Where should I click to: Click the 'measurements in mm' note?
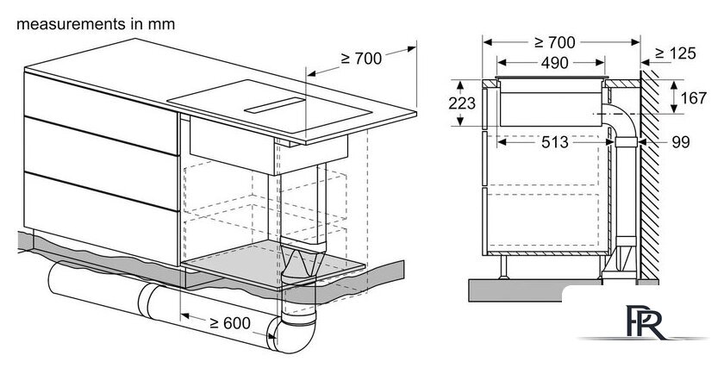pyautogui.click(x=96, y=24)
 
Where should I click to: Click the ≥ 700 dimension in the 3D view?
pyautogui.click(x=361, y=59)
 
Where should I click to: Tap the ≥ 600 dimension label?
pyautogui.click(x=229, y=323)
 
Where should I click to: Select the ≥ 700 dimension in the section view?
pyautogui.click(x=554, y=42)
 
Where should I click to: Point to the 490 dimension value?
pyautogui.click(x=554, y=63)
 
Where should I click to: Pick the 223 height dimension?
pyautogui.click(x=462, y=103)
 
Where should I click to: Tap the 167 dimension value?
pyautogui.click(x=694, y=98)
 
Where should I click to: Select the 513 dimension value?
pyautogui.click(x=554, y=142)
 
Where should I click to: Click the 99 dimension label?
pyautogui.click(x=681, y=142)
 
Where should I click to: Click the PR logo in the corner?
pyautogui.click(x=647, y=322)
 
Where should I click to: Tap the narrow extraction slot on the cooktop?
pyautogui.click(x=275, y=106)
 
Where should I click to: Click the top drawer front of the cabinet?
pyautogui.click(x=101, y=113)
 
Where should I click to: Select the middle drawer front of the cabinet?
pyautogui.click(x=101, y=164)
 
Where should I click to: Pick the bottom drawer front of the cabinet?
pyautogui.click(x=101, y=218)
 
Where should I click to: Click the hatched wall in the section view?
pyautogui.click(x=650, y=176)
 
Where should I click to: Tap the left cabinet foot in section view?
pyautogui.click(x=503, y=267)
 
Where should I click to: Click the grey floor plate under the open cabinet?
pyautogui.click(x=273, y=265)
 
